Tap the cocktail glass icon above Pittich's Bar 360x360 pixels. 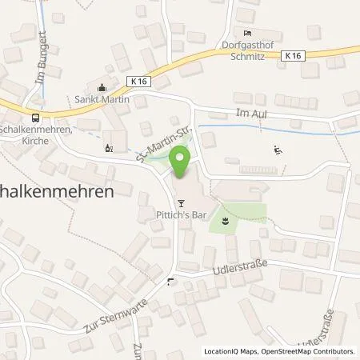(182, 202)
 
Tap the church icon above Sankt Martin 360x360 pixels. (101, 89)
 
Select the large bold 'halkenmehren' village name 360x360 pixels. (56, 192)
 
